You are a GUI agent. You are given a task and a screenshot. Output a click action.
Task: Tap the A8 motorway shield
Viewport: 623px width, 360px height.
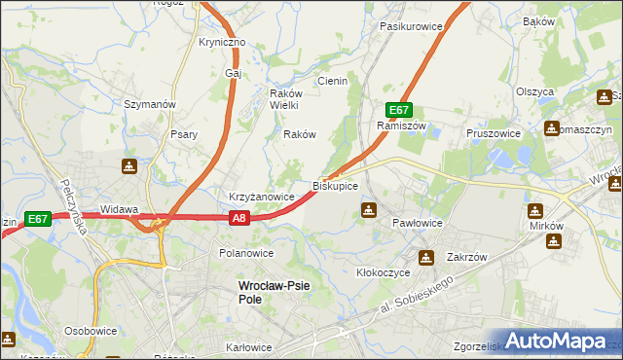coord(240,220)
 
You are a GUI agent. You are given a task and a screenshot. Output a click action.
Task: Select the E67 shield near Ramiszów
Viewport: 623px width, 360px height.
coord(399,110)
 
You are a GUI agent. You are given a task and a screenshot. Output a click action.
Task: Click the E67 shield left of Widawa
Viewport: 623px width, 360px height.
coord(38,220)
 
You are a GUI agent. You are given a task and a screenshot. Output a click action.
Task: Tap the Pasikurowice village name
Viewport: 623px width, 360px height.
coord(412,26)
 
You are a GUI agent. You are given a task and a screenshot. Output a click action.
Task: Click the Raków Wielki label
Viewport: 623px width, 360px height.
coord(288,99)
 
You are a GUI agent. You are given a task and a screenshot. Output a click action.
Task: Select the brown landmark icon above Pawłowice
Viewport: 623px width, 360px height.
coord(369,209)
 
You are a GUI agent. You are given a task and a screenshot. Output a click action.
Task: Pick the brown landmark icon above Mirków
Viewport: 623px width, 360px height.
coord(535,211)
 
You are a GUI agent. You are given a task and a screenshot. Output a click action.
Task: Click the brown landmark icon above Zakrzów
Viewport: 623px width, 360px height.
coord(426,258)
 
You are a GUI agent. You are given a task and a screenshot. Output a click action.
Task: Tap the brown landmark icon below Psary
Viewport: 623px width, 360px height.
coord(129,167)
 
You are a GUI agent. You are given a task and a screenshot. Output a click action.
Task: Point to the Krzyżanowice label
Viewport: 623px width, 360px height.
coord(261,197)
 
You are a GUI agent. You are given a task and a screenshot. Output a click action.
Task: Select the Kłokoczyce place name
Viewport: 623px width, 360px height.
coord(383,273)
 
